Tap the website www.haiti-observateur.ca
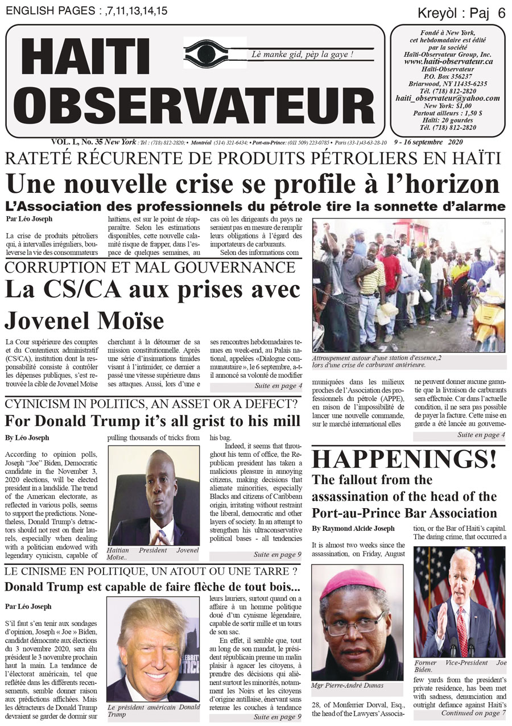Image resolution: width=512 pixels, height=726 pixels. coord(448,61)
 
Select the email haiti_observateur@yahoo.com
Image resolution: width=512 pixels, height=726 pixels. coord(448,98)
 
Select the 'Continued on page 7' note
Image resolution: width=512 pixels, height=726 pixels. coord(470,713)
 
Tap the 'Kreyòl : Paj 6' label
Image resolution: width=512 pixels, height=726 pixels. coord(461,13)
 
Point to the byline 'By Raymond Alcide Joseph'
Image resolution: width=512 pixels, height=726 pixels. coord(353,529)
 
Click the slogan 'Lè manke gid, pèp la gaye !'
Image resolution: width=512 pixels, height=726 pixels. coord(303,55)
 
